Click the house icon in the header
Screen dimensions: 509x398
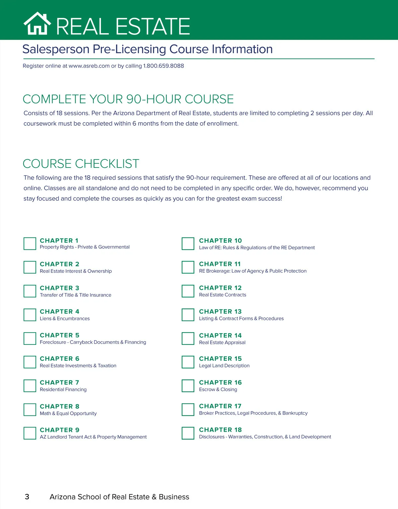(37, 24)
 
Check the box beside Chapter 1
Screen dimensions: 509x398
(30, 244)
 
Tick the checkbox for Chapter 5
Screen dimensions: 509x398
(30, 339)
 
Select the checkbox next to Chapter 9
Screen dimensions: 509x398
(30, 433)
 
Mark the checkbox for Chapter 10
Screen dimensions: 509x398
(188, 244)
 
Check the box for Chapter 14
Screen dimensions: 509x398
(188, 339)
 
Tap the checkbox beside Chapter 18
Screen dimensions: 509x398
(188, 433)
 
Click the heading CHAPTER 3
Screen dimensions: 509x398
(59, 288)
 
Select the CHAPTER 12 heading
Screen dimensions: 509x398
(220, 288)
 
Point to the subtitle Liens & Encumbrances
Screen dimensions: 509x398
(65, 319)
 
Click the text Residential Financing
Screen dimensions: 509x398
(63, 390)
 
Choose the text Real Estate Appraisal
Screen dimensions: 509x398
(222, 343)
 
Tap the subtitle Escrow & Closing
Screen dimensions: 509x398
(218, 390)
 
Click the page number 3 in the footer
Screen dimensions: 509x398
(27, 497)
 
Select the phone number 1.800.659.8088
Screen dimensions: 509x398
(164, 66)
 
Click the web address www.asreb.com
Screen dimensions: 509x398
(89, 66)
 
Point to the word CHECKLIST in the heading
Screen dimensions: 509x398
(107, 164)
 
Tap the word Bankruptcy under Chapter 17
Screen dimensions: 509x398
(295, 413)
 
